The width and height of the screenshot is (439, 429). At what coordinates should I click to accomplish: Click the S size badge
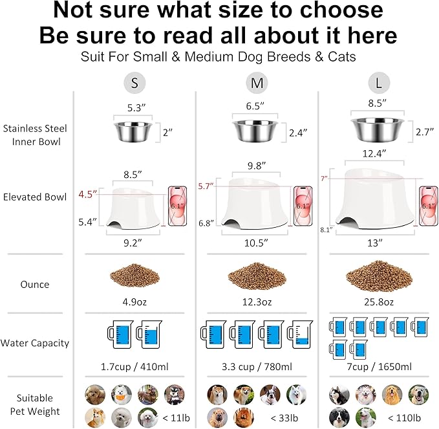134,83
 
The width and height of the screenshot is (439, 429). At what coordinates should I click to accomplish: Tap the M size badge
257,83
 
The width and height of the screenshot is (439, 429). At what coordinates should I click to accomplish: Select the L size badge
379,83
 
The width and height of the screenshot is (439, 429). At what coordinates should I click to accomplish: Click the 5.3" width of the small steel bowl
136,108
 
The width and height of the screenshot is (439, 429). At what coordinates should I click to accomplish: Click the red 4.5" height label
88,194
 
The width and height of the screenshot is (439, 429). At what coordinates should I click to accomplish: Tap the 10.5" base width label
256,243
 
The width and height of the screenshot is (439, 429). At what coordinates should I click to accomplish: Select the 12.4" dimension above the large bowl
374,154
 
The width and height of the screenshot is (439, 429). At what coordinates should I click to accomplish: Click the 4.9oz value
134,302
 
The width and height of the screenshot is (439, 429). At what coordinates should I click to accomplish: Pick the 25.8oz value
379,302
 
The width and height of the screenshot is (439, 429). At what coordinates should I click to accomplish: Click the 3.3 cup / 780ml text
257,366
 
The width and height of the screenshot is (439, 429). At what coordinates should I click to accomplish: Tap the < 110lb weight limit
404,418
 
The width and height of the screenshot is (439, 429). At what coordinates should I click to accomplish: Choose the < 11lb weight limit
176,418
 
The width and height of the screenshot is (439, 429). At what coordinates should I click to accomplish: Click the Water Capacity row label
35,343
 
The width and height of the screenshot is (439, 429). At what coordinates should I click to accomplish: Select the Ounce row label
35,285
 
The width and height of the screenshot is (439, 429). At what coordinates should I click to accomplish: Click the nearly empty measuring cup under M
300,335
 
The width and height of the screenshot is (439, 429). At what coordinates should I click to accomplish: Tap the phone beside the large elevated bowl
428,206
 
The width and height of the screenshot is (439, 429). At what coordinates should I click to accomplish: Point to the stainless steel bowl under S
133,132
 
